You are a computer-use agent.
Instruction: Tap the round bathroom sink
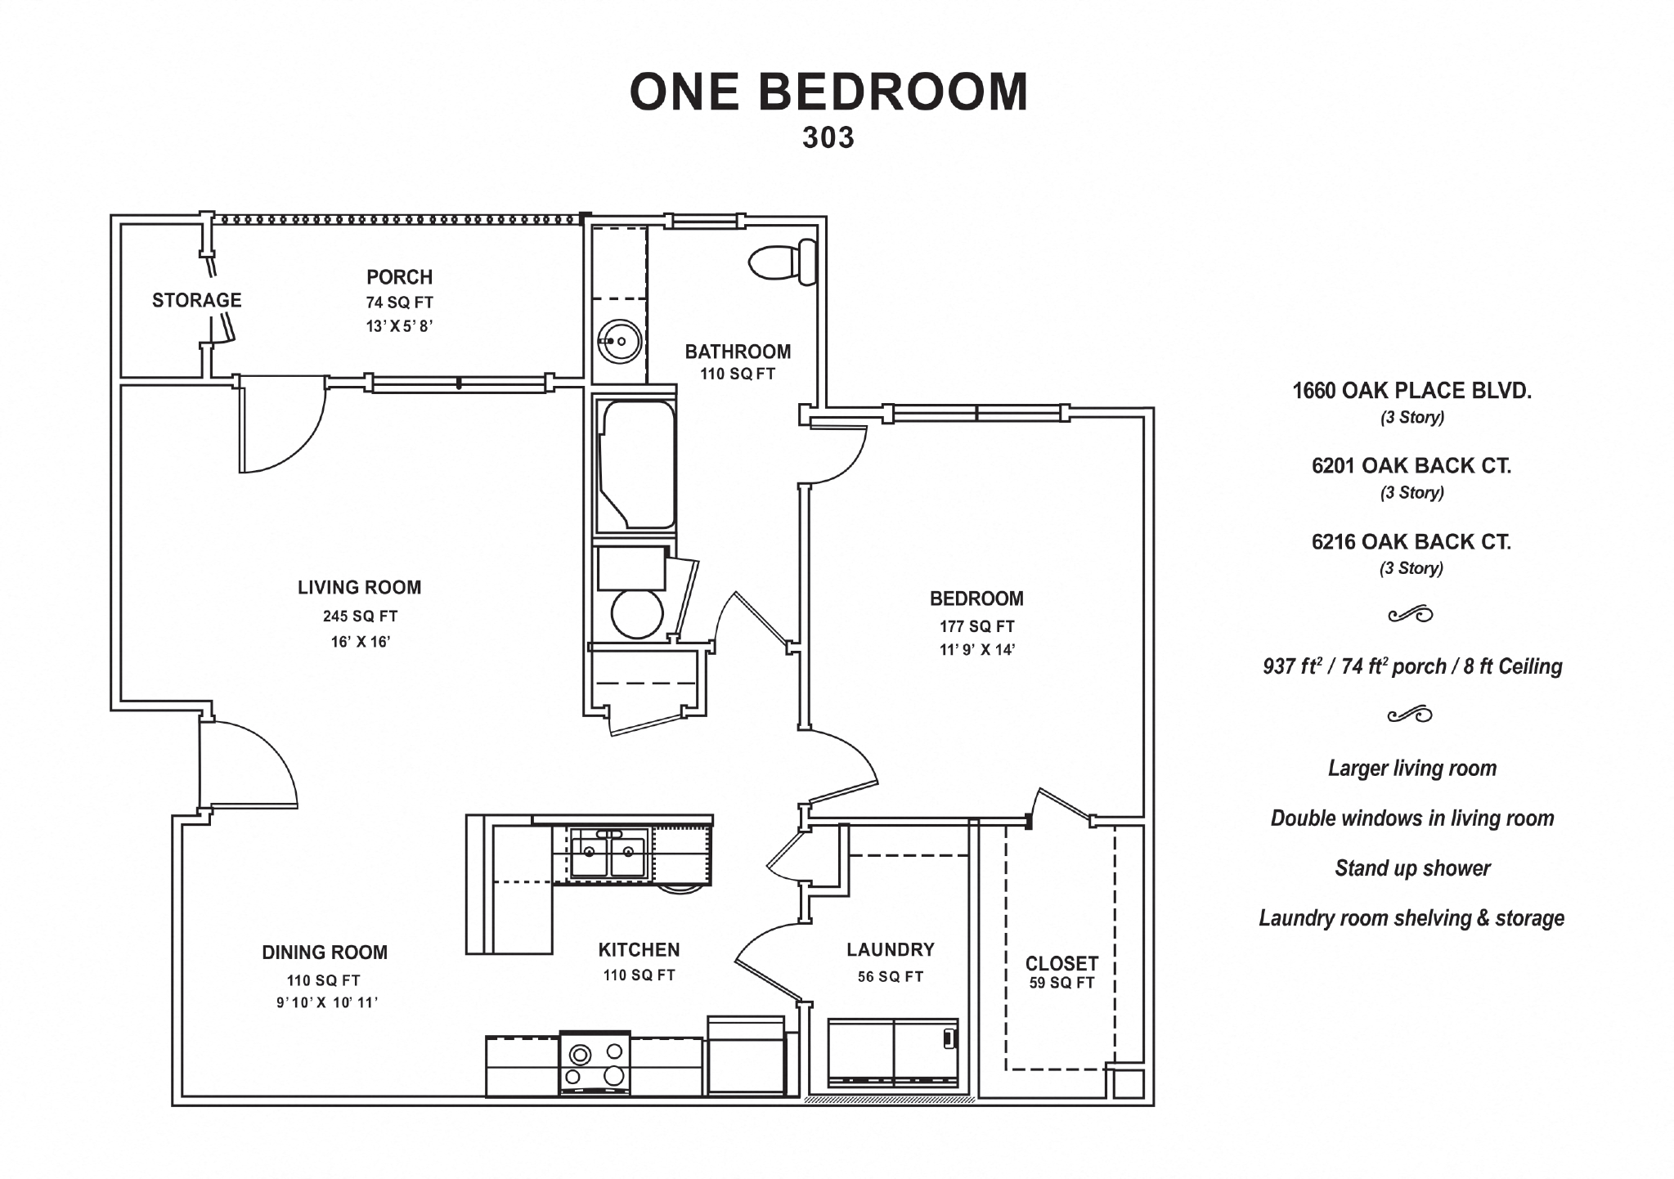click(619, 341)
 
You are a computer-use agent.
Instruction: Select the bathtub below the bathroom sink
click(636, 464)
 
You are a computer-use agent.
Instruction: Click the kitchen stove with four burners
click(595, 1064)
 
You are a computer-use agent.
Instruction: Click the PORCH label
click(399, 277)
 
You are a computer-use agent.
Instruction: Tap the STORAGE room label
click(196, 300)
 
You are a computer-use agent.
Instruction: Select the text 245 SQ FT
click(360, 616)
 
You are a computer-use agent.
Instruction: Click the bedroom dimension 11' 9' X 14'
click(976, 651)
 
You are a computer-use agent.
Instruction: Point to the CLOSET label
click(1061, 963)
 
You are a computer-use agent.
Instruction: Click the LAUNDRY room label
click(890, 950)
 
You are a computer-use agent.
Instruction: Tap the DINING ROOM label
click(325, 953)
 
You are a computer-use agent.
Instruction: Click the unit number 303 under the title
click(828, 138)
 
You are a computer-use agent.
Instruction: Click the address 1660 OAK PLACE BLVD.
click(1411, 391)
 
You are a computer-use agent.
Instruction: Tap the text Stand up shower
click(1412, 868)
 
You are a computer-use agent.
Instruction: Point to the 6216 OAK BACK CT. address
click(1411, 542)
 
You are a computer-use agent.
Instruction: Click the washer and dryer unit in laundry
click(892, 1053)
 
